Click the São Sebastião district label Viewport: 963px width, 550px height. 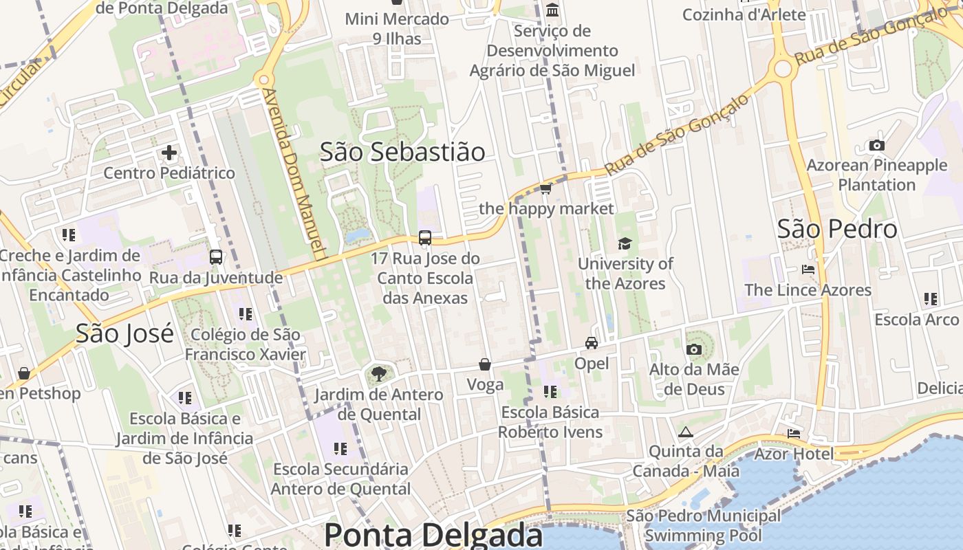402,152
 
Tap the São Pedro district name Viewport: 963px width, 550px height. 837,229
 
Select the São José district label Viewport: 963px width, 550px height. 125,333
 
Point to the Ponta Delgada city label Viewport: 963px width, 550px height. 433,535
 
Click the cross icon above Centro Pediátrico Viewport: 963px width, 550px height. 169,153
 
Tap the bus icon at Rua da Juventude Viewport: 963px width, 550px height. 216,257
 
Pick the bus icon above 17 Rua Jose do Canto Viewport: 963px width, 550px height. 425,238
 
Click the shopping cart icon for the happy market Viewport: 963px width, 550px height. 546,188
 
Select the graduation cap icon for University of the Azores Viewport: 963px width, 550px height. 625,243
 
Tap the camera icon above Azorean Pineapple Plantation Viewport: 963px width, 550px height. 877,145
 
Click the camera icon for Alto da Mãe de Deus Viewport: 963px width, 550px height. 694,349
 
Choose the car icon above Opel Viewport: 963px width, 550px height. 592,342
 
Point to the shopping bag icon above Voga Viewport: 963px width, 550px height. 485,364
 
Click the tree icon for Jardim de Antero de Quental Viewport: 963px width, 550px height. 378,375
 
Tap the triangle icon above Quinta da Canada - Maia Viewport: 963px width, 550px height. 685,432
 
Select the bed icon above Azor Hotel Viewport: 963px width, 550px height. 794,434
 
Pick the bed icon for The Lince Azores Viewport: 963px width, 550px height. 808,269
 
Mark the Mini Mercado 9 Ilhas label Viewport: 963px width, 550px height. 397,29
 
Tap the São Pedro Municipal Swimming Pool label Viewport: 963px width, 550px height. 703,525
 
